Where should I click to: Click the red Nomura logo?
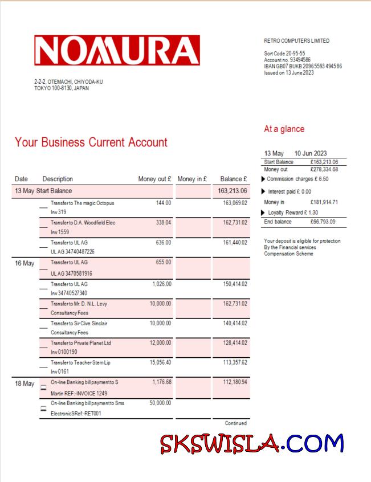[117, 50]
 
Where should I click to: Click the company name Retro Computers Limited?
[296, 41]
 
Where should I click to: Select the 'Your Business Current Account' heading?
[91, 142]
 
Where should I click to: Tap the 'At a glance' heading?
[284, 129]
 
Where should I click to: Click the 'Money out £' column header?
[154, 179]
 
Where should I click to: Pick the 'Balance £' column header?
[233, 179]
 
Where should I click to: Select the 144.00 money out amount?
[164, 203]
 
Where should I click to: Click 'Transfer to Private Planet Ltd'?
[80, 343]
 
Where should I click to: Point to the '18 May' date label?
[25, 384]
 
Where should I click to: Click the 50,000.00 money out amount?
[160, 403]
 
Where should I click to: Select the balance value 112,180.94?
[235, 382]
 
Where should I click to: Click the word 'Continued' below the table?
[235, 423]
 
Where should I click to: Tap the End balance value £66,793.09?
[323, 222]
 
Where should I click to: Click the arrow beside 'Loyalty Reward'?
[263, 213]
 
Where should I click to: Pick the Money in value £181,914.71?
[324, 202]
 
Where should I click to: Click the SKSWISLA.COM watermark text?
[251, 443]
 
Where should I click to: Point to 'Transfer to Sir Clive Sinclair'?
[79, 324]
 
